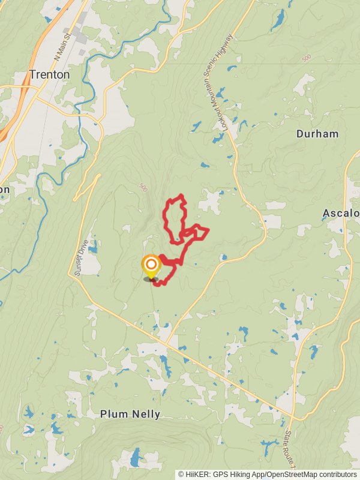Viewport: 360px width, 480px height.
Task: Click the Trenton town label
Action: click(49, 75)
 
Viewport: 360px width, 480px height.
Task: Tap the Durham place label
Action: click(317, 134)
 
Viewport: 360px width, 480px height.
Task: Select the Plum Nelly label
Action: click(130, 414)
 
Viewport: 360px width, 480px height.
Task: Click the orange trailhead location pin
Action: click(151, 265)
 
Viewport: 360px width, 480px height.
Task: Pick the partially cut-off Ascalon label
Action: click(341, 213)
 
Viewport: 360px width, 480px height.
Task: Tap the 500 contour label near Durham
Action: click(307, 58)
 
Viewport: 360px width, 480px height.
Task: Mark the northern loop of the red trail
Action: click(175, 216)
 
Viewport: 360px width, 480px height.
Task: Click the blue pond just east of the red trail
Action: click(223, 257)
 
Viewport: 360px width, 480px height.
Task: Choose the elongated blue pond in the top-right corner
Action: click(278, 20)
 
